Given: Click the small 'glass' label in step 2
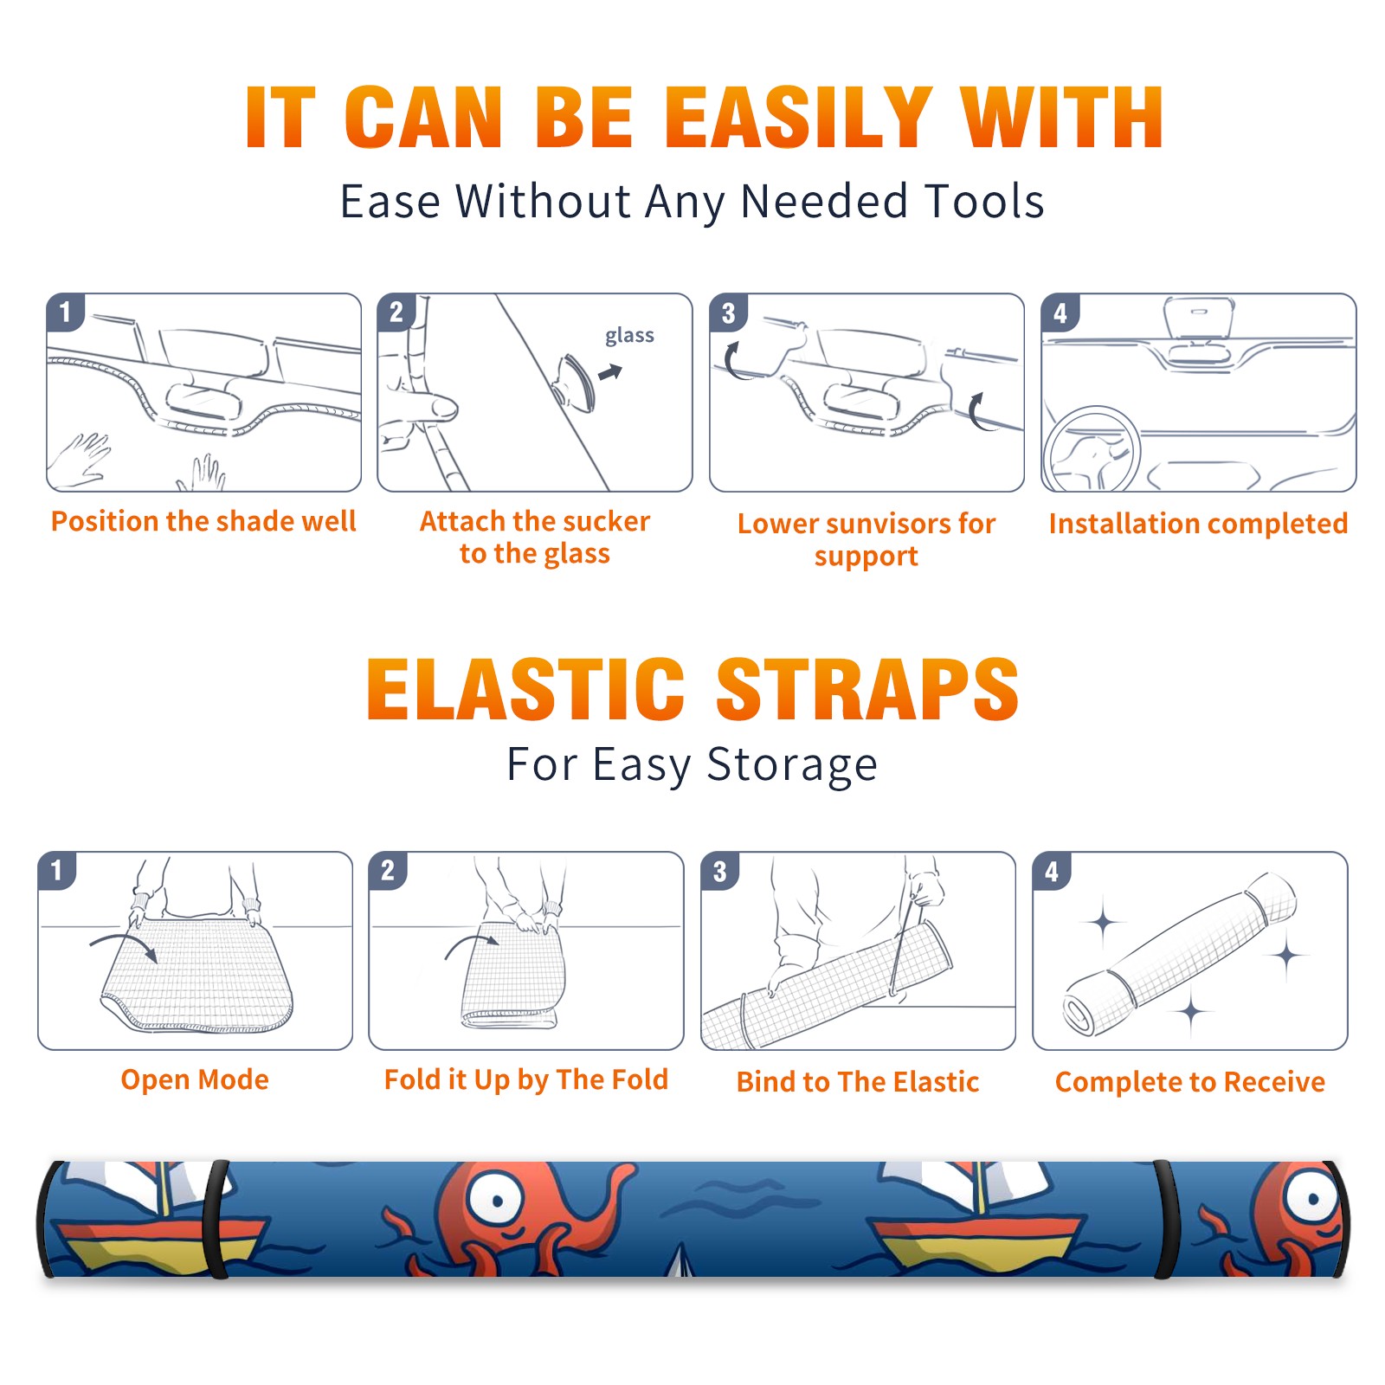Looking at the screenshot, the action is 629,335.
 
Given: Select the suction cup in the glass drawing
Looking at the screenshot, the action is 577,382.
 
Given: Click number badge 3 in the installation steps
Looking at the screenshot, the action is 728,312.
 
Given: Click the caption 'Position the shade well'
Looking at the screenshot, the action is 203,521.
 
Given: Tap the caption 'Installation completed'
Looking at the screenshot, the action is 1198,523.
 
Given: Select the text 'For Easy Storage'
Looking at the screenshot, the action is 692,765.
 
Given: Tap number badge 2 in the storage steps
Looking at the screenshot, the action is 388,870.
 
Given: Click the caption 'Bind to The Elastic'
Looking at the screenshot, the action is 857,1081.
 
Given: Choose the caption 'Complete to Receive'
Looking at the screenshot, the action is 1190,1081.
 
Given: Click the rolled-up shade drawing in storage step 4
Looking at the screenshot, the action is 1180,954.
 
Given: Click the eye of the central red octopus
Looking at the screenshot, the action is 497,1199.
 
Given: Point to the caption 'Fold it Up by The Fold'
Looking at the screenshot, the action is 526,1079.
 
